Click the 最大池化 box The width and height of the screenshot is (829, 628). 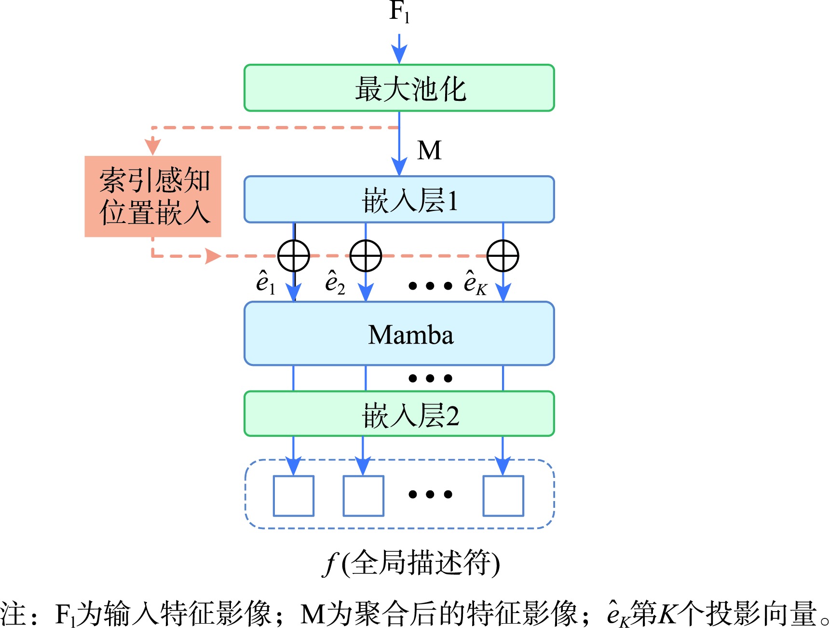pos(399,88)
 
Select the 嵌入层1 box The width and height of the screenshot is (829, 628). pos(399,199)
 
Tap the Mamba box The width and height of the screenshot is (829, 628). pos(399,334)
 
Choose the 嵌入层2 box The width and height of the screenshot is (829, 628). pos(399,414)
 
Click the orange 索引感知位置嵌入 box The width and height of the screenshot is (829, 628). pos(153,196)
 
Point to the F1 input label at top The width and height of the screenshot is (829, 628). pos(399,12)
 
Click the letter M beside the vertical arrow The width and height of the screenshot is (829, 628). pos(429,150)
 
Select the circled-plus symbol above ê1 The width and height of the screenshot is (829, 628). pos(294,256)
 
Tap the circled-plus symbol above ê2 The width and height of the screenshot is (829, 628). pos(366,256)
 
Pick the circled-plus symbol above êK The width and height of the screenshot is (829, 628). pos(503,256)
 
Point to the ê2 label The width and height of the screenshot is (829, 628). pos(335,283)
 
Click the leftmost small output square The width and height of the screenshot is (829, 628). pos(294,496)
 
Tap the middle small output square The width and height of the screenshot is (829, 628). pos(363,496)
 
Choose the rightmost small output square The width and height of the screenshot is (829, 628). pos(503,496)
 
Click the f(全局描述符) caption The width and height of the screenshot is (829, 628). pos(411,563)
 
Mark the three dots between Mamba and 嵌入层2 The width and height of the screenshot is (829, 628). pos(430,378)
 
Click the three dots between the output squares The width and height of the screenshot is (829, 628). pos(430,494)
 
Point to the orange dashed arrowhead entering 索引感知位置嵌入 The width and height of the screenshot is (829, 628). pos(153,145)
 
